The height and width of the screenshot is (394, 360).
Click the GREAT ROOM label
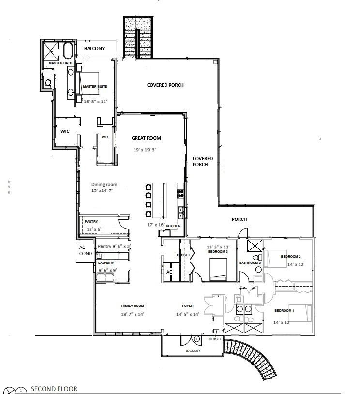point(146,138)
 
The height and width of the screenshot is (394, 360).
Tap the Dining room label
point(105,184)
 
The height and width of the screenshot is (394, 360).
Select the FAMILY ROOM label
point(132,306)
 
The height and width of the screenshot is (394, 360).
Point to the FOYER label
point(188,306)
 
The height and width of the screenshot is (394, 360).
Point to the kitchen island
point(159,200)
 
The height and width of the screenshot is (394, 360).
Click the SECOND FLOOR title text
point(54,389)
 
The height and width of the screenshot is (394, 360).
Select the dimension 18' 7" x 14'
point(132,315)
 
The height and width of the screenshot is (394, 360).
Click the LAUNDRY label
point(106,263)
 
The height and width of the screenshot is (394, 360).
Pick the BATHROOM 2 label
point(250,263)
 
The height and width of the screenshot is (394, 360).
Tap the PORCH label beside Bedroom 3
point(239,219)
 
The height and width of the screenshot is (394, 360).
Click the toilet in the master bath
point(49,83)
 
